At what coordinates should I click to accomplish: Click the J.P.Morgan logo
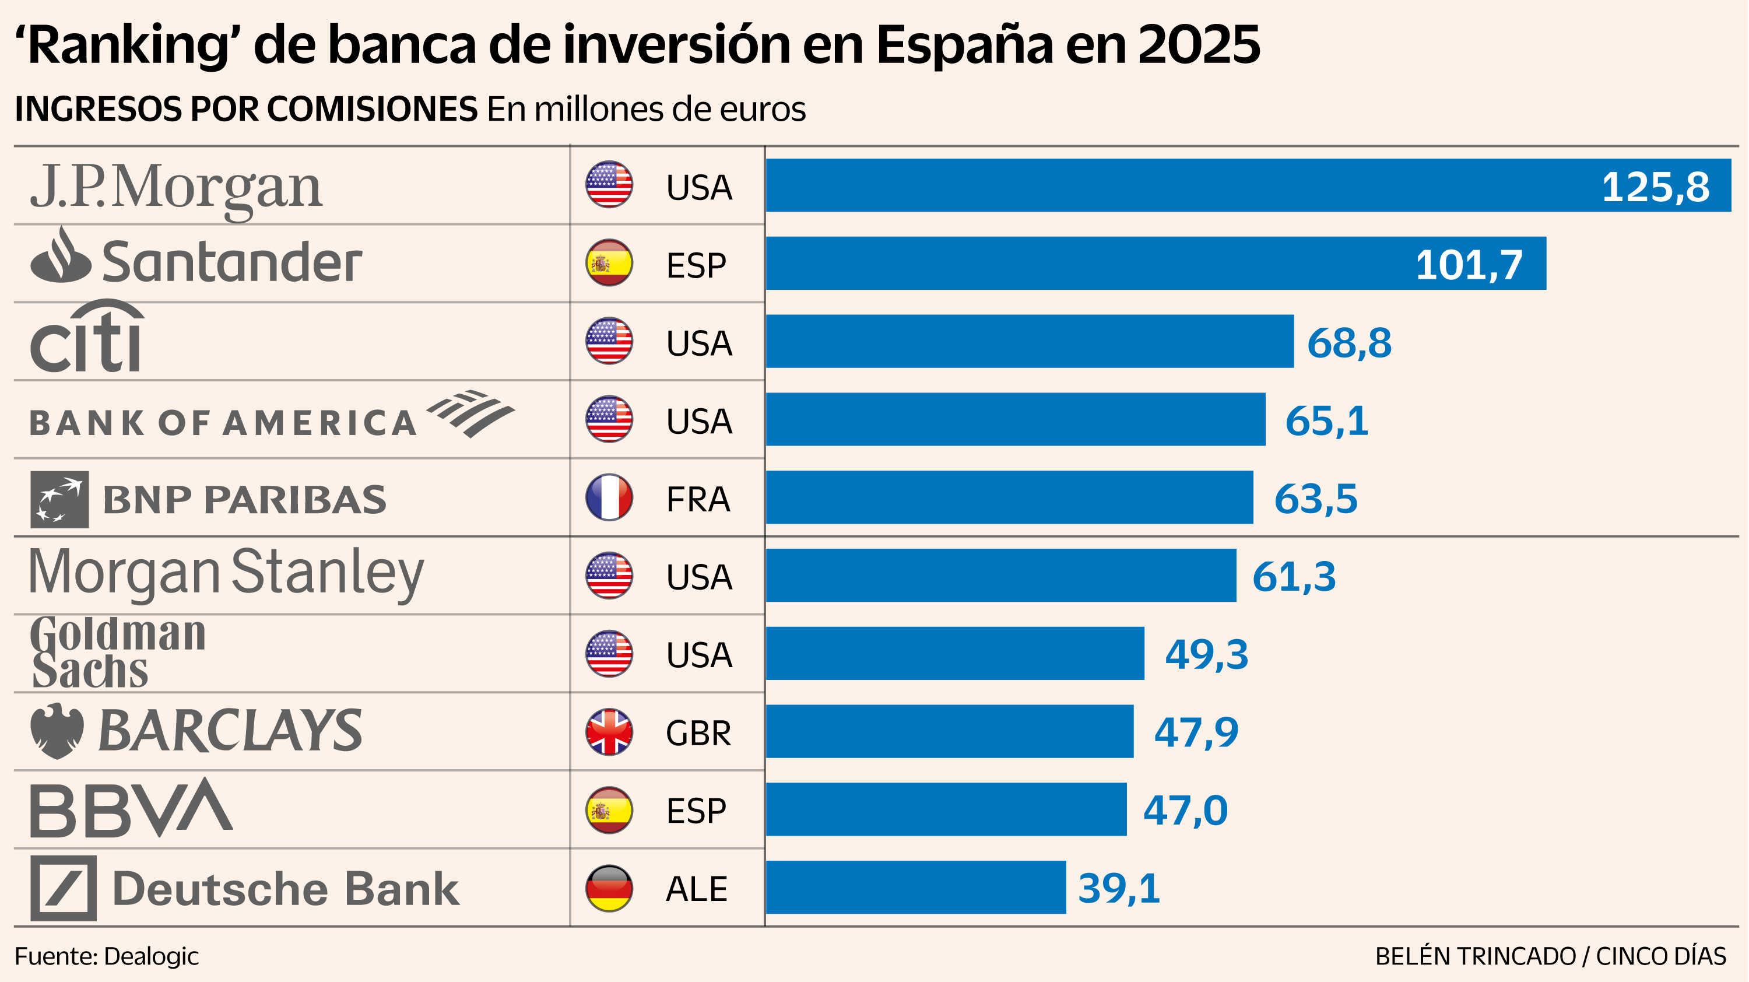point(176,188)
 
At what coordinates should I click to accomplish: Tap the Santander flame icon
point(61,257)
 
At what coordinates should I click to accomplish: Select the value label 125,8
point(1655,187)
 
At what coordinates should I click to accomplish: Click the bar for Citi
point(1030,342)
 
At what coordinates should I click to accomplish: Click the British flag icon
point(609,732)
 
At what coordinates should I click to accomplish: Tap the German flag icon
point(609,888)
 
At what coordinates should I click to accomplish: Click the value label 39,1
point(1119,888)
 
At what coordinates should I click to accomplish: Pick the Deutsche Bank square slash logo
point(64,888)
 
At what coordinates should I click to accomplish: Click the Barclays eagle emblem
point(58,731)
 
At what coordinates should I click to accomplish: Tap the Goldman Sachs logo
point(117,653)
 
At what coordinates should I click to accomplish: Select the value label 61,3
point(1294,577)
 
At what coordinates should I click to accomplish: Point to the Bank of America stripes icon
point(471,412)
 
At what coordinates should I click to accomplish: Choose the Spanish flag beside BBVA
point(609,810)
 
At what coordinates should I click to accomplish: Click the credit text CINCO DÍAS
point(1661,957)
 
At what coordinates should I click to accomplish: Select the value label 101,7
point(1469,265)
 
